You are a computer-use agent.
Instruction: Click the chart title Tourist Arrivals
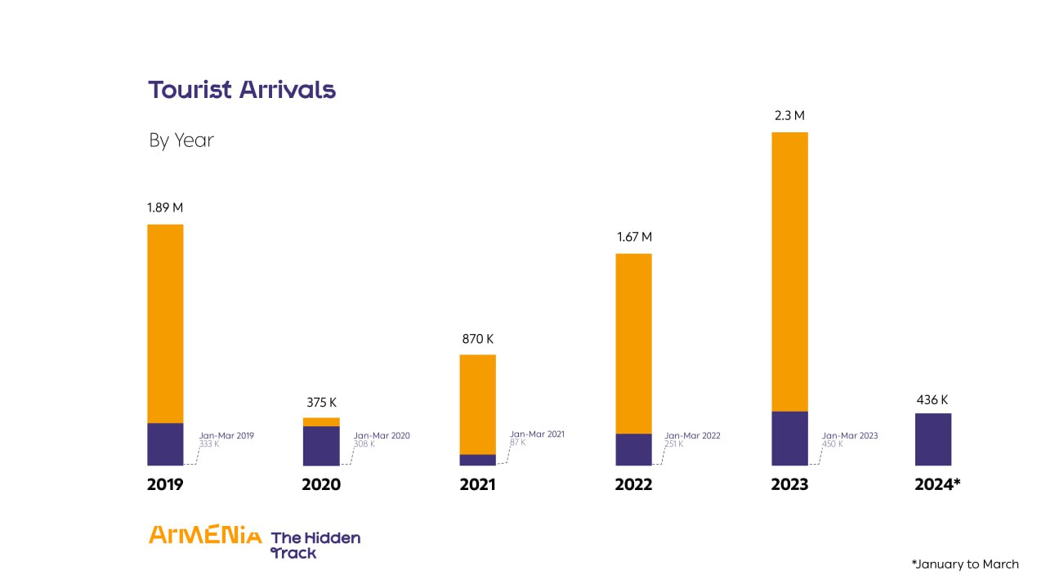(x=242, y=90)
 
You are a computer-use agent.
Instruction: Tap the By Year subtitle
(x=181, y=140)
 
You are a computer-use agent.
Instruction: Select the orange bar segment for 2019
(x=165, y=323)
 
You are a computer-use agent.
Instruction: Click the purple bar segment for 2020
(x=321, y=446)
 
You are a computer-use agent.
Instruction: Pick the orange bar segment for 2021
(x=477, y=404)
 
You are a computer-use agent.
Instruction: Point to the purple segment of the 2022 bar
(x=633, y=449)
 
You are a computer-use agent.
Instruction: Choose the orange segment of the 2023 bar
(x=789, y=271)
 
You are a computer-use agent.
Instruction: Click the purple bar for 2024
(x=932, y=439)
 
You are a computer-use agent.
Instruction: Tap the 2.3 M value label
(x=789, y=116)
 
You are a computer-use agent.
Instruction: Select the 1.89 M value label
(x=165, y=207)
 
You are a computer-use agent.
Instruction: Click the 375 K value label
(x=321, y=403)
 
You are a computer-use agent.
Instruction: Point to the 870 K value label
(x=477, y=339)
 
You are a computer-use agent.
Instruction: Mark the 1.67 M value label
(x=634, y=238)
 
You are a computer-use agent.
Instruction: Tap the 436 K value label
(x=932, y=400)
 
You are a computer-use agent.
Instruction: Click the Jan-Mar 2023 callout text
(x=849, y=436)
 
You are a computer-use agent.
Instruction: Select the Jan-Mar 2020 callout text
(x=382, y=436)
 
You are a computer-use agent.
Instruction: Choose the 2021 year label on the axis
(x=477, y=485)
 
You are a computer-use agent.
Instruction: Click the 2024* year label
(x=937, y=485)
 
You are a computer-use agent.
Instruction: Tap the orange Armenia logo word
(x=205, y=536)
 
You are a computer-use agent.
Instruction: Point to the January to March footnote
(x=965, y=564)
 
